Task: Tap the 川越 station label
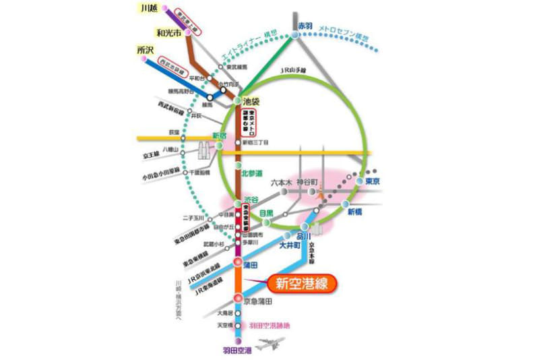(148, 9)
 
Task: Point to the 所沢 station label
(146, 51)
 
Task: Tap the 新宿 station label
(221, 136)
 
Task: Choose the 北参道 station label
(253, 173)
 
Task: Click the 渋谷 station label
(251, 200)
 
